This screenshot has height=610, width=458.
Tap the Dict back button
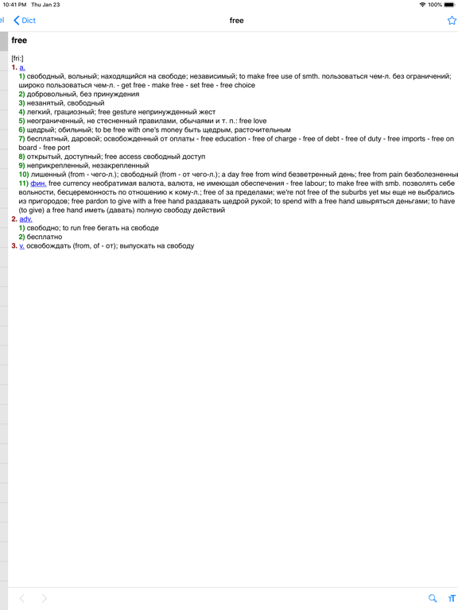point(25,21)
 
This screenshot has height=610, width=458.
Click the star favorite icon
point(452,21)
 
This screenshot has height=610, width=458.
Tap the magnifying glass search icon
point(433,598)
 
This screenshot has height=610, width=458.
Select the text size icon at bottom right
point(452,598)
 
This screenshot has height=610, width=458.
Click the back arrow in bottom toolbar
point(22,598)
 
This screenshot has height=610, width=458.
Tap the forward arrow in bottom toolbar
point(45,598)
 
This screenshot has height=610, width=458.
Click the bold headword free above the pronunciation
point(19,41)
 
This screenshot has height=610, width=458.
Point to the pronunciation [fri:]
point(17,59)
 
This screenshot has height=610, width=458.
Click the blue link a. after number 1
point(22,68)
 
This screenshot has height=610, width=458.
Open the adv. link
point(26,219)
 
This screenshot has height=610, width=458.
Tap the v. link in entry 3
point(21,246)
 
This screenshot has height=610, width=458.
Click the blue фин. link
point(38,183)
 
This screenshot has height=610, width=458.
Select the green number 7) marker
point(22,139)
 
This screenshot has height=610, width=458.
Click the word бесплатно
point(44,237)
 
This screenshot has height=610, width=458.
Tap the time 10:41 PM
point(14,5)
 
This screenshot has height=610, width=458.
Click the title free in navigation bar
point(236,21)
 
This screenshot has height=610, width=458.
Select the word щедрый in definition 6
point(41,130)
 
